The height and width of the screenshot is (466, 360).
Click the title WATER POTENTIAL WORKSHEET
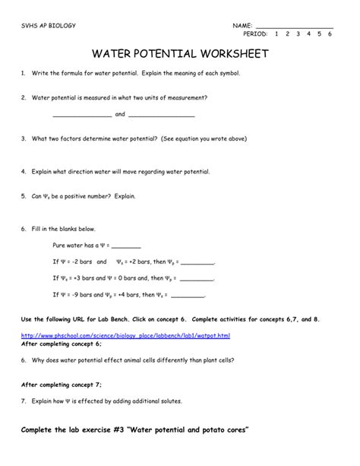(179, 55)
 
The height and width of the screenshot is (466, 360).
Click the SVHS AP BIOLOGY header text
(49, 26)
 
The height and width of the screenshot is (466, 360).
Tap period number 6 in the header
(330, 35)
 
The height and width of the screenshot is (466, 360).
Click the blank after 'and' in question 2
(162, 116)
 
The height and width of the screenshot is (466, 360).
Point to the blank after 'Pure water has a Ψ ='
(126, 246)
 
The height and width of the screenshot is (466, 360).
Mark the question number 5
(24, 196)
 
